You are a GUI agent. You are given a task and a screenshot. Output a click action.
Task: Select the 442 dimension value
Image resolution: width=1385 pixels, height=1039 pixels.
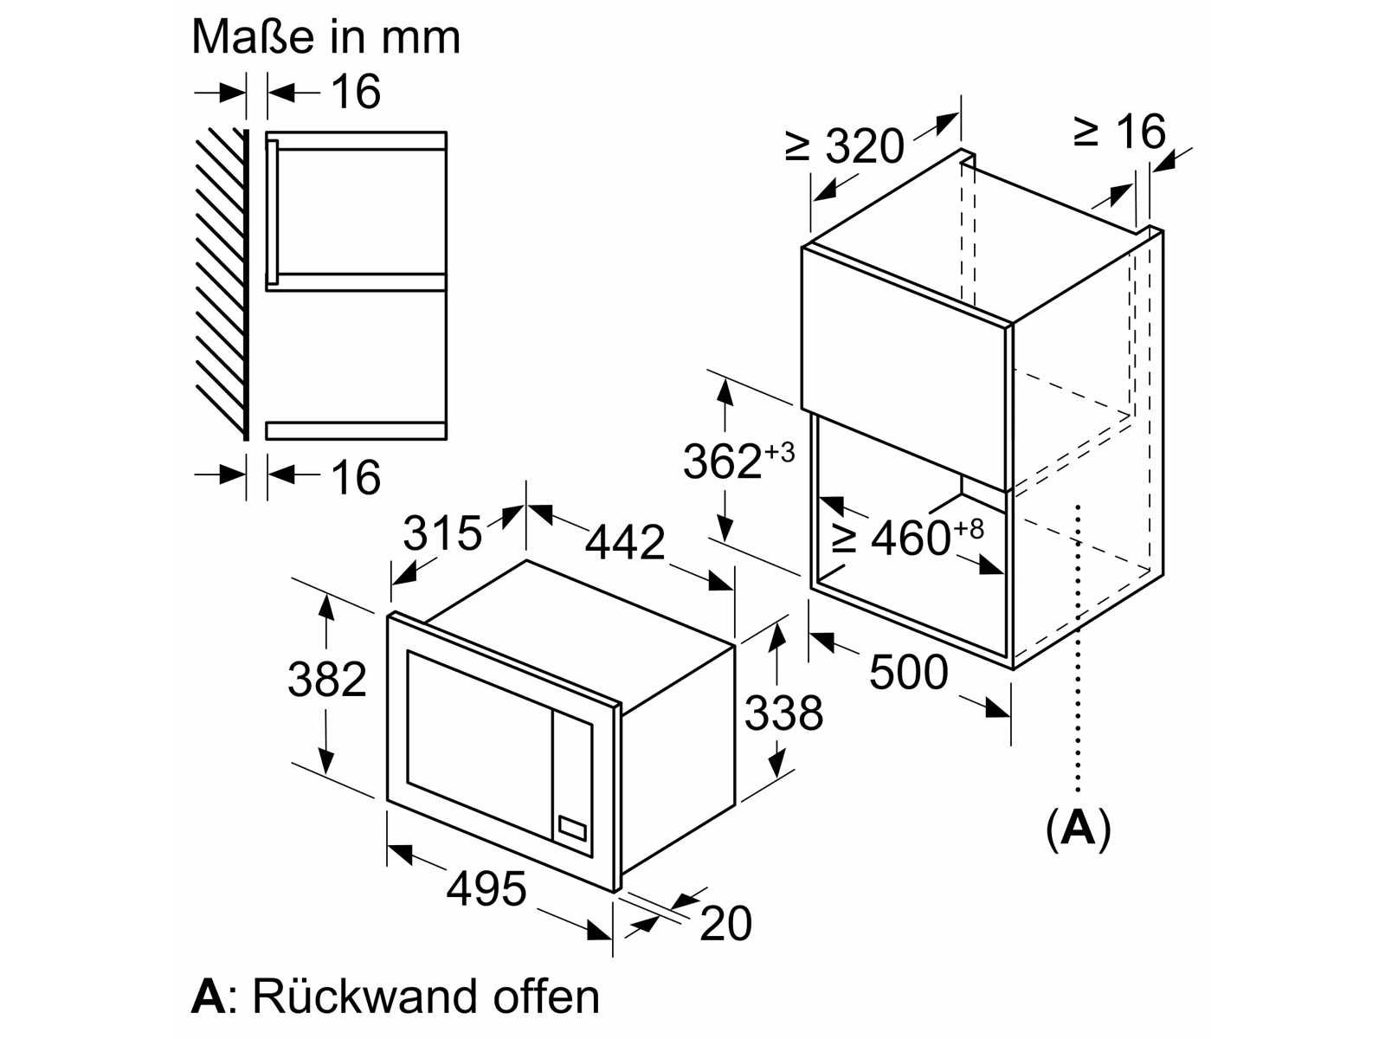pos(625,541)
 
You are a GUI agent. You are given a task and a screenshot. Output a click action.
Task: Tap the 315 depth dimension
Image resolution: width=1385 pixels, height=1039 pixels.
pos(441,532)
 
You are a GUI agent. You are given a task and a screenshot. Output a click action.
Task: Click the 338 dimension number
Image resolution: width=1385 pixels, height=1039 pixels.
pos(783,713)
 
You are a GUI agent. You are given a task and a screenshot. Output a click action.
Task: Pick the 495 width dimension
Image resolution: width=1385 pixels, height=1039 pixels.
pos(486,888)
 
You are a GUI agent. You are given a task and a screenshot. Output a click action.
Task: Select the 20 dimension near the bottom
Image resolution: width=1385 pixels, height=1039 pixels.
pos(725,924)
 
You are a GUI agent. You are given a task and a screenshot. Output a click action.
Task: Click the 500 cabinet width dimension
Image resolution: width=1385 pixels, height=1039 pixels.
pos(909,671)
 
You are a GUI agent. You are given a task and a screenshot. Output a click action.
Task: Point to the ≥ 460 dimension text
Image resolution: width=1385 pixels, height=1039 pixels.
pos(907,536)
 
